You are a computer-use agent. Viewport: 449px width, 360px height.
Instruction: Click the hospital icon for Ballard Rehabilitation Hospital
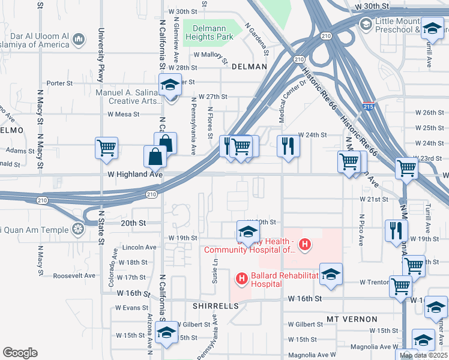tap(242, 278)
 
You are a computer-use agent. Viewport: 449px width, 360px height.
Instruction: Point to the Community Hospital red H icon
tap(305, 244)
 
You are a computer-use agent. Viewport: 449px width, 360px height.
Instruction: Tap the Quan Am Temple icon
tap(77, 229)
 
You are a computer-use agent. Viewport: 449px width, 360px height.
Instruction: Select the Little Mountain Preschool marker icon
tap(366, 23)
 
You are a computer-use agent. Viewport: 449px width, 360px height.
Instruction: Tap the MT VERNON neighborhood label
tap(352, 319)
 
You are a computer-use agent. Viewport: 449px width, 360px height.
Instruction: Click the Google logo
tap(20, 352)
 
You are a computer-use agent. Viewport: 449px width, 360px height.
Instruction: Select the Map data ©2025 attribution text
tap(423, 355)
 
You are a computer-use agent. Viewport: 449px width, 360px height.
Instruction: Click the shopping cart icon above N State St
tap(106, 147)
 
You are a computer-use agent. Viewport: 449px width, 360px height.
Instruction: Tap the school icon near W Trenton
tap(330, 274)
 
